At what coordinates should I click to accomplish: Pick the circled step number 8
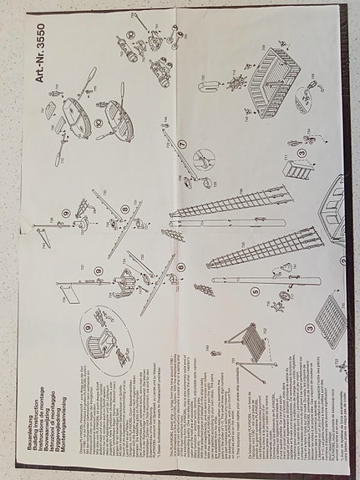pos(124,209)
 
